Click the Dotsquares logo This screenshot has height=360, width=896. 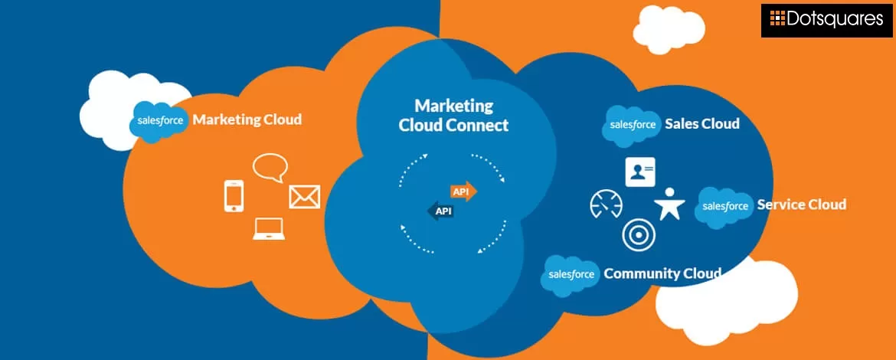pyautogui.click(x=827, y=19)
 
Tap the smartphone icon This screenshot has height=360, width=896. pyautogui.click(x=234, y=195)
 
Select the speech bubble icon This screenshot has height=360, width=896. pyautogui.click(x=270, y=167)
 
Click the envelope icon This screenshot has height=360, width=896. pyautogui.click(x=304, y=196)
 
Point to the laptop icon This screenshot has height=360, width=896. pyautogui.click(x=268, y=229)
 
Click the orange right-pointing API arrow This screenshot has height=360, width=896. pyautogui.click(x=464, y=191)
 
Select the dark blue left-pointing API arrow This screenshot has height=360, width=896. pyautogui.click(x=440, y=211)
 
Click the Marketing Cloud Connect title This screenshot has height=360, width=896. pyautogui.click(x=453, y=115)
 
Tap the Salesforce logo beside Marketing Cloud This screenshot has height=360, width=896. pyautogui.click(x=159, y=122)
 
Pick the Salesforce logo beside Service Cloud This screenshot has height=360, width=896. pyautogui.click(x=724, y=206)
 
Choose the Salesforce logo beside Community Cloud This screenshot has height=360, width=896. pyautogui.click(x=571, y=274)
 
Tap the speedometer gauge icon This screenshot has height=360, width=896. pyautogui.click(x=606, y=205)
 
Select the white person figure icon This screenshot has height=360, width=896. pyautogui.click(x=669, y=205)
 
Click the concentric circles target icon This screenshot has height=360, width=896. pyautogui.click(x=638, y=235)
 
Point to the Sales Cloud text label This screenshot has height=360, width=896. pyautogui.click(x=701, y=124)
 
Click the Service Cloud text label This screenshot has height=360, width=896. pyautogui.click(x=801, y=205)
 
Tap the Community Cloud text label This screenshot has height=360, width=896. pyautogui.click(x=662, y=273)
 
